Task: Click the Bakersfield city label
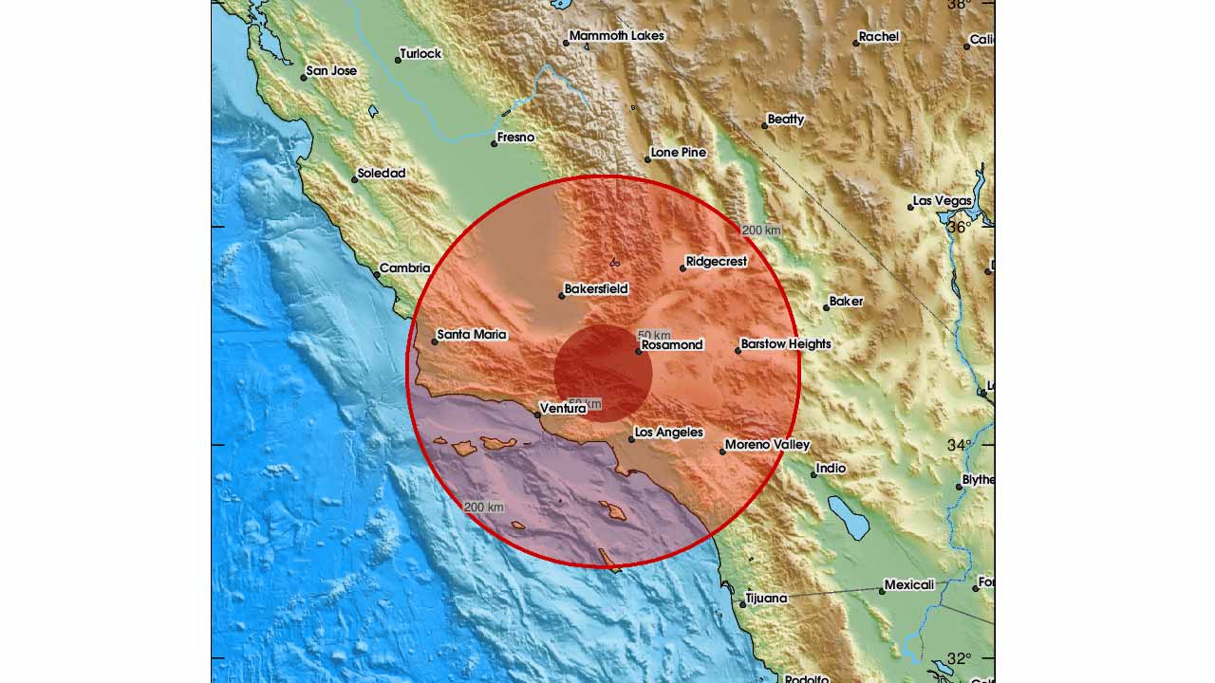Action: click(x=596, y=289)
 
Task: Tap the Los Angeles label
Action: click(x=668, y=433)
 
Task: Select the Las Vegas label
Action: click(x=942, y=201)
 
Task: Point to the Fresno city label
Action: click(x=516, y=138)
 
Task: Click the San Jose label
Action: click(x=331, y=71)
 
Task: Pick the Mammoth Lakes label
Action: click(x=617, y=36)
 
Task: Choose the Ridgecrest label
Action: click(x=717, y=262)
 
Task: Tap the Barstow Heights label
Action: click(x=786, y=344)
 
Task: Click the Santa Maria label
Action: click(x=472, y=335)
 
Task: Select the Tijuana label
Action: click(x=767, y=598)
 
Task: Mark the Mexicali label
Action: click(x=909, y=585)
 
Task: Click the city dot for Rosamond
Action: click(x=639, y=352)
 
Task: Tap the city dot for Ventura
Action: click(x=537, y=415)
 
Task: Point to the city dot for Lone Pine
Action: click(x=647, y=159)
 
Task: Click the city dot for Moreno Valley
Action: click(x=722, y=452)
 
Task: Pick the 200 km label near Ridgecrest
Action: click(x=761, y=231)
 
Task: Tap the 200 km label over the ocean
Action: click(x=483, y=508)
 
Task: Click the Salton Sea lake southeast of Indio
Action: click(x=848, y=517)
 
